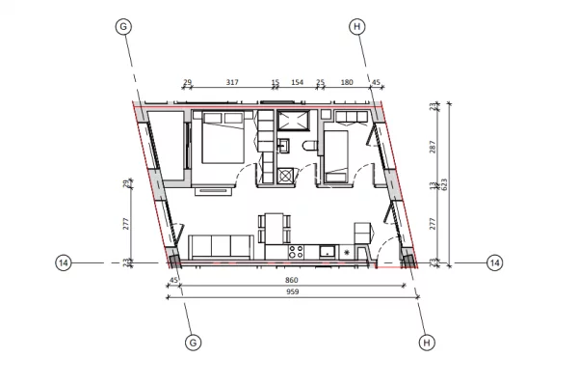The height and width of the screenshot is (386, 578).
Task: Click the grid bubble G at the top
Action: pyautogui.click(x=122, y=27)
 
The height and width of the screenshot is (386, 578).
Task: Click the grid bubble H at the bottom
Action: pyautogui.click(x=426, y=342)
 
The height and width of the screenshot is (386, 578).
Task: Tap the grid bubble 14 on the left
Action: pyautogui.click(x=64, y=262)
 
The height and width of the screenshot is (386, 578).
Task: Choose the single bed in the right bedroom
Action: pyautogui.click(x=337, y=154)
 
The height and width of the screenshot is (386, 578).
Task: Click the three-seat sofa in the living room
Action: pyautogui.click(x=221, y=247)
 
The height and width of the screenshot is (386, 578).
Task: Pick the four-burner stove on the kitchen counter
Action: pyautogui.click(x=296, y=252)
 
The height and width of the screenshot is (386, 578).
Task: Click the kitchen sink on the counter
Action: pyautogui.click(x=328, y=252)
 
